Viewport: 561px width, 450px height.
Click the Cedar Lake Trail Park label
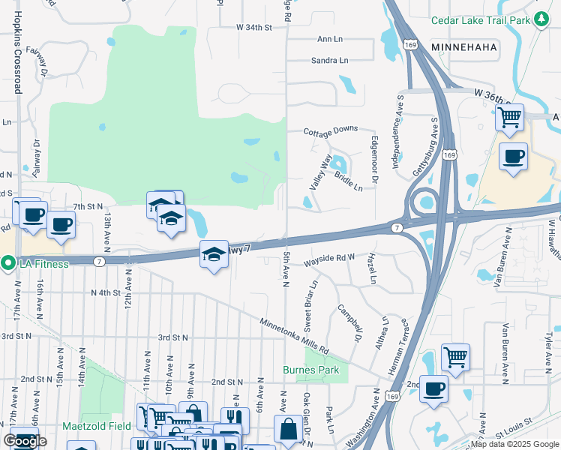(480, 20)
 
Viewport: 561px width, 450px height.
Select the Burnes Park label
(310, 370)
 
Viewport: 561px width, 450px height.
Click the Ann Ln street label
(330, 39)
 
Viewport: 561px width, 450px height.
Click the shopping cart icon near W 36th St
(510, 117)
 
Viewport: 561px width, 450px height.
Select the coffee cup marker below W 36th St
(514, 157)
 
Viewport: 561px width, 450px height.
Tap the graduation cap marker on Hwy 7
(214, 254)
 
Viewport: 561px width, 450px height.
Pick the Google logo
(25, 441)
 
